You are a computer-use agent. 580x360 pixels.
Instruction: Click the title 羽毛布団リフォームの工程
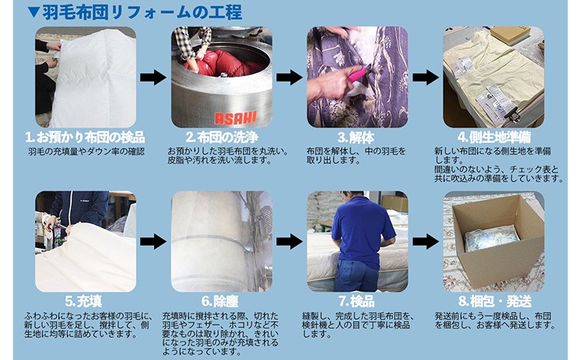pos(143,12)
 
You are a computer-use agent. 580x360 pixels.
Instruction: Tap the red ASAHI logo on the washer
pos(236,118)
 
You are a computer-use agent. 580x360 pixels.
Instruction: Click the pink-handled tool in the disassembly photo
pos(358,73)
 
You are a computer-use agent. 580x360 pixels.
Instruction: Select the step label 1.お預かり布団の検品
pos(85,137)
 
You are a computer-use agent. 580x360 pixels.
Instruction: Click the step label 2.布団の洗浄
pos(222,137)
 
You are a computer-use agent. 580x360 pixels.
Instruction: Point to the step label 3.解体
pos(356,137)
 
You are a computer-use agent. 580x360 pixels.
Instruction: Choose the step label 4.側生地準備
pos(495,137)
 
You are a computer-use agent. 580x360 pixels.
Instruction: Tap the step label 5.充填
pos(84,301)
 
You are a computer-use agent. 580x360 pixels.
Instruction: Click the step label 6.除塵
pos(220,301)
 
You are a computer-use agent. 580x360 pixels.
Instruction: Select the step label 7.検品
pos(356,301)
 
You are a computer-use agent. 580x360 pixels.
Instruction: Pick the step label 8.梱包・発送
pos(495,301)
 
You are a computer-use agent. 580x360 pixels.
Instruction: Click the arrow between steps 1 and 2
pos(153,78)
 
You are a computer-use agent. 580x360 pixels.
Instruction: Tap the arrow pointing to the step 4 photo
pos(426,78)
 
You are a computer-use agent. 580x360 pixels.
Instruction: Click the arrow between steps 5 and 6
pos(153,242)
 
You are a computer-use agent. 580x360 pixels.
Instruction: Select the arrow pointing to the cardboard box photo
pos(426,242)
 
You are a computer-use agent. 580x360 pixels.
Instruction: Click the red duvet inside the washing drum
pos(224,62)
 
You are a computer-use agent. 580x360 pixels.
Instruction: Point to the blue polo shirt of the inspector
pos(362,230)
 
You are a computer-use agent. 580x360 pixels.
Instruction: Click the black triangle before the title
pos(34,12)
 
